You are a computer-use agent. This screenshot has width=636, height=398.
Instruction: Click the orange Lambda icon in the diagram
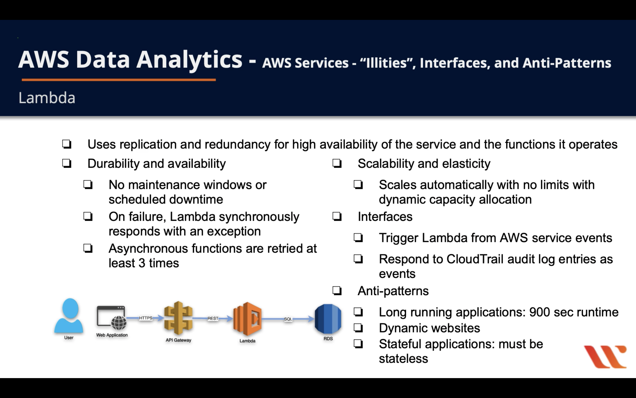tap(247, 319)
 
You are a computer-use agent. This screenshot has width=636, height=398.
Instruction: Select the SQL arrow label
tap(288, 319)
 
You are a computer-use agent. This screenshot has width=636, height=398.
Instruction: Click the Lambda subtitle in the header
tap(47, 98)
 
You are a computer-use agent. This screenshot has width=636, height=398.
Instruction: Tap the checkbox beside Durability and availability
tap(67, 163)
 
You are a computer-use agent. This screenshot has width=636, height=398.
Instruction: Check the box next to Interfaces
tap(337, 217)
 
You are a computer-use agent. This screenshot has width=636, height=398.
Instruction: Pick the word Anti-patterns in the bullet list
tap(393, 291)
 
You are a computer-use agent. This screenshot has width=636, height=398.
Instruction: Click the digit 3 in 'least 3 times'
tap(142, 263)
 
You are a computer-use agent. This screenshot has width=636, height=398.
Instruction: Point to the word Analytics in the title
tap(189, 60)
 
